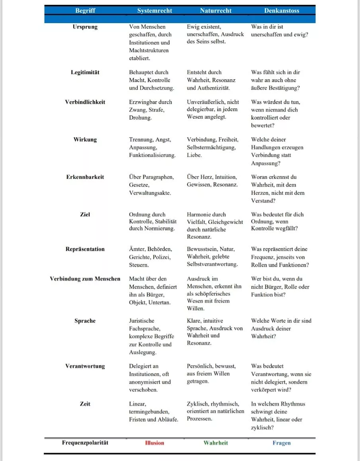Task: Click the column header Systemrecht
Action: (155, 11)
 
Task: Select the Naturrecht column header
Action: (215, 11)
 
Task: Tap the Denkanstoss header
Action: (282, 11)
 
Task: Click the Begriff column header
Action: (85, 11)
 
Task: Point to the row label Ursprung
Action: (85, 27)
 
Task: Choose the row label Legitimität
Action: (85, 73)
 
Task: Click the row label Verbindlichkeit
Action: (85, 102)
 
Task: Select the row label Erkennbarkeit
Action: (85, 177)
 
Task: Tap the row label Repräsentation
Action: (85, 249)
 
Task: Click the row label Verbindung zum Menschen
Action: (85, 279)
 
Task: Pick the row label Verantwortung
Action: (85, 366)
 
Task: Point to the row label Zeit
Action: (85, 404)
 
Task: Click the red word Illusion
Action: (155, 443)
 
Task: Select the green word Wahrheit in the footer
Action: (215, 443)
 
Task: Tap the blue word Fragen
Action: (282, 443)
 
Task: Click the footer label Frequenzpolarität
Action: (85, 443)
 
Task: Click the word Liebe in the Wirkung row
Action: (194, 155)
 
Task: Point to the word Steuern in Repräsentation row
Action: (139, 265)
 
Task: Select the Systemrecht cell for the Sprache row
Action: (151, 336)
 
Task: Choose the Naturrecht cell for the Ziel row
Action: (215, 226)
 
